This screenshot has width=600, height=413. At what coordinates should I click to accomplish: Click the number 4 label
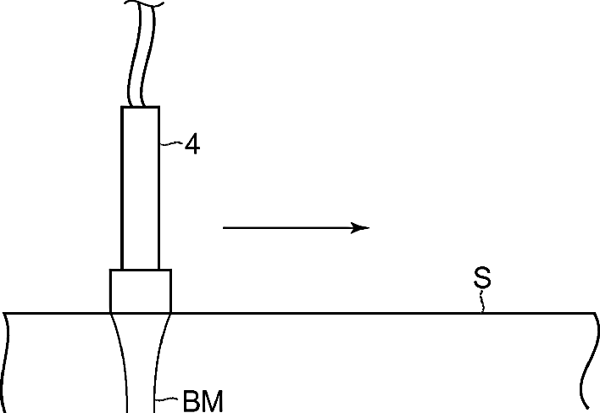point(192,144)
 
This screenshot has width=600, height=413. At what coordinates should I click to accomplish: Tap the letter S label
point(482,277)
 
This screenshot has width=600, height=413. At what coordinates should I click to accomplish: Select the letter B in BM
point(192,401)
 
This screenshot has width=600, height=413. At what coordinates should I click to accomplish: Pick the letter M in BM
point(212,401)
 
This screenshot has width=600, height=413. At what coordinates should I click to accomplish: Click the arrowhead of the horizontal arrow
point(360,228)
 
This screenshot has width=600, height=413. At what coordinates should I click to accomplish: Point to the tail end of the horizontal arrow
point(223,228)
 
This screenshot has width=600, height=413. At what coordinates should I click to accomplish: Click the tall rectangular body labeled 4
point(141,188)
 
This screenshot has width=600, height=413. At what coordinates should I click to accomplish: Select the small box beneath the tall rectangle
point(141,291)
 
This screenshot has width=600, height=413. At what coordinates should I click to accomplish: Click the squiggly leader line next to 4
point(171,143)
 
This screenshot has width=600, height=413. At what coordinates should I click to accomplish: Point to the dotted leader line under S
point(482,301)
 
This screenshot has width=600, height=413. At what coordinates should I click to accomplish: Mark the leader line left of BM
point(166,399)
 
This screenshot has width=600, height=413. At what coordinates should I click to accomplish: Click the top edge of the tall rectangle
point(141,107)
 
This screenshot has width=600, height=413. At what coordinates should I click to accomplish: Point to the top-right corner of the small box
point(171,270)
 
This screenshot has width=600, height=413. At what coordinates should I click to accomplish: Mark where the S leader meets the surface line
point(482,313)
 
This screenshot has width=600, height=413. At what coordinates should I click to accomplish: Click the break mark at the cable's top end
point(143,4)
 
